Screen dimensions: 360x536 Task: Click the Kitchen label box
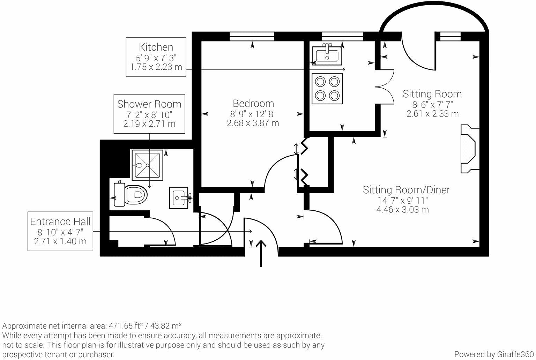point(156,57)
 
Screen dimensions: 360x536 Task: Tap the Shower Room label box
point(149,113)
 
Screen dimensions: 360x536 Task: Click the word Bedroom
point(253,103)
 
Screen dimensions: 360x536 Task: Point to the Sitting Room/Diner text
point(406,190)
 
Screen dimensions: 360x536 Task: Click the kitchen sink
point(327,54)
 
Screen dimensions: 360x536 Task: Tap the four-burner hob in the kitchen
point(327,89)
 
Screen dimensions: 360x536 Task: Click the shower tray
point(147,165)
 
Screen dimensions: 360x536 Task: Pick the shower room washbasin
point(179,198)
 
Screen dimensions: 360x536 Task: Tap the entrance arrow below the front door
point(261,253)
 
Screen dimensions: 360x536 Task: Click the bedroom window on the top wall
point(252,36)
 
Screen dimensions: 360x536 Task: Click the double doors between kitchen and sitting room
point(385,86)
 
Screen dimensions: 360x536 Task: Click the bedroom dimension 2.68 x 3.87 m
point(253,123)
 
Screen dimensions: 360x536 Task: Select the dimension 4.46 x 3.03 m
point(403,210)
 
